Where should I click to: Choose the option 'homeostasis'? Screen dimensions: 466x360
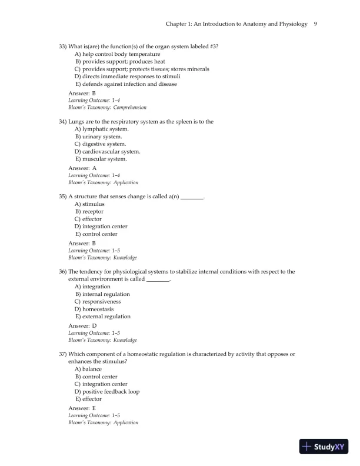tap(94, 309)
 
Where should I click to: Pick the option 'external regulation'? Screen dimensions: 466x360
tap(102, 317)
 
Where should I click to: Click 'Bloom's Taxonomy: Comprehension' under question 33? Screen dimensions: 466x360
tap(107, 108)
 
